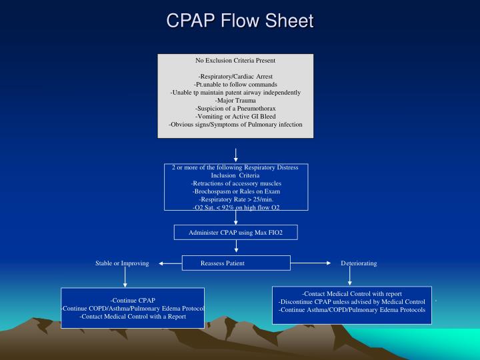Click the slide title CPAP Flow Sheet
[x=239, y=21]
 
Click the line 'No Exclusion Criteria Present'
[x=235, y=61]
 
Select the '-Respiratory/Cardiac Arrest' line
[x=235, y=77]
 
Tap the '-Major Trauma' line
[x=235, y=101]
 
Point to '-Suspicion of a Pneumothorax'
[x=235, y=109]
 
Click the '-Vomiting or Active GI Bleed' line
[x=235, y=117]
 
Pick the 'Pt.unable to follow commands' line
[x=235, y=85]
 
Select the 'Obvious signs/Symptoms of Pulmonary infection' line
[x=235, y=125]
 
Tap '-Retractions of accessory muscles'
[x=236, y=183]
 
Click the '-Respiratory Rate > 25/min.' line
[x=236, y=199]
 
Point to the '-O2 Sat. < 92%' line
[x=236, y=207]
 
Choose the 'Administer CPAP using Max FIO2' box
[x=235, y=232]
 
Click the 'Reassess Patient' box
[x=223, y=263]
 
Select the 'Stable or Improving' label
[x=122, y=263]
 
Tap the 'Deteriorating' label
[x=359, y=263]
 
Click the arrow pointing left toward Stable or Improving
[x=171, y=263]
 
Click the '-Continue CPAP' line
[x=133, y=301]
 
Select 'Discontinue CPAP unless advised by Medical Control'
[x=352, y=302]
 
